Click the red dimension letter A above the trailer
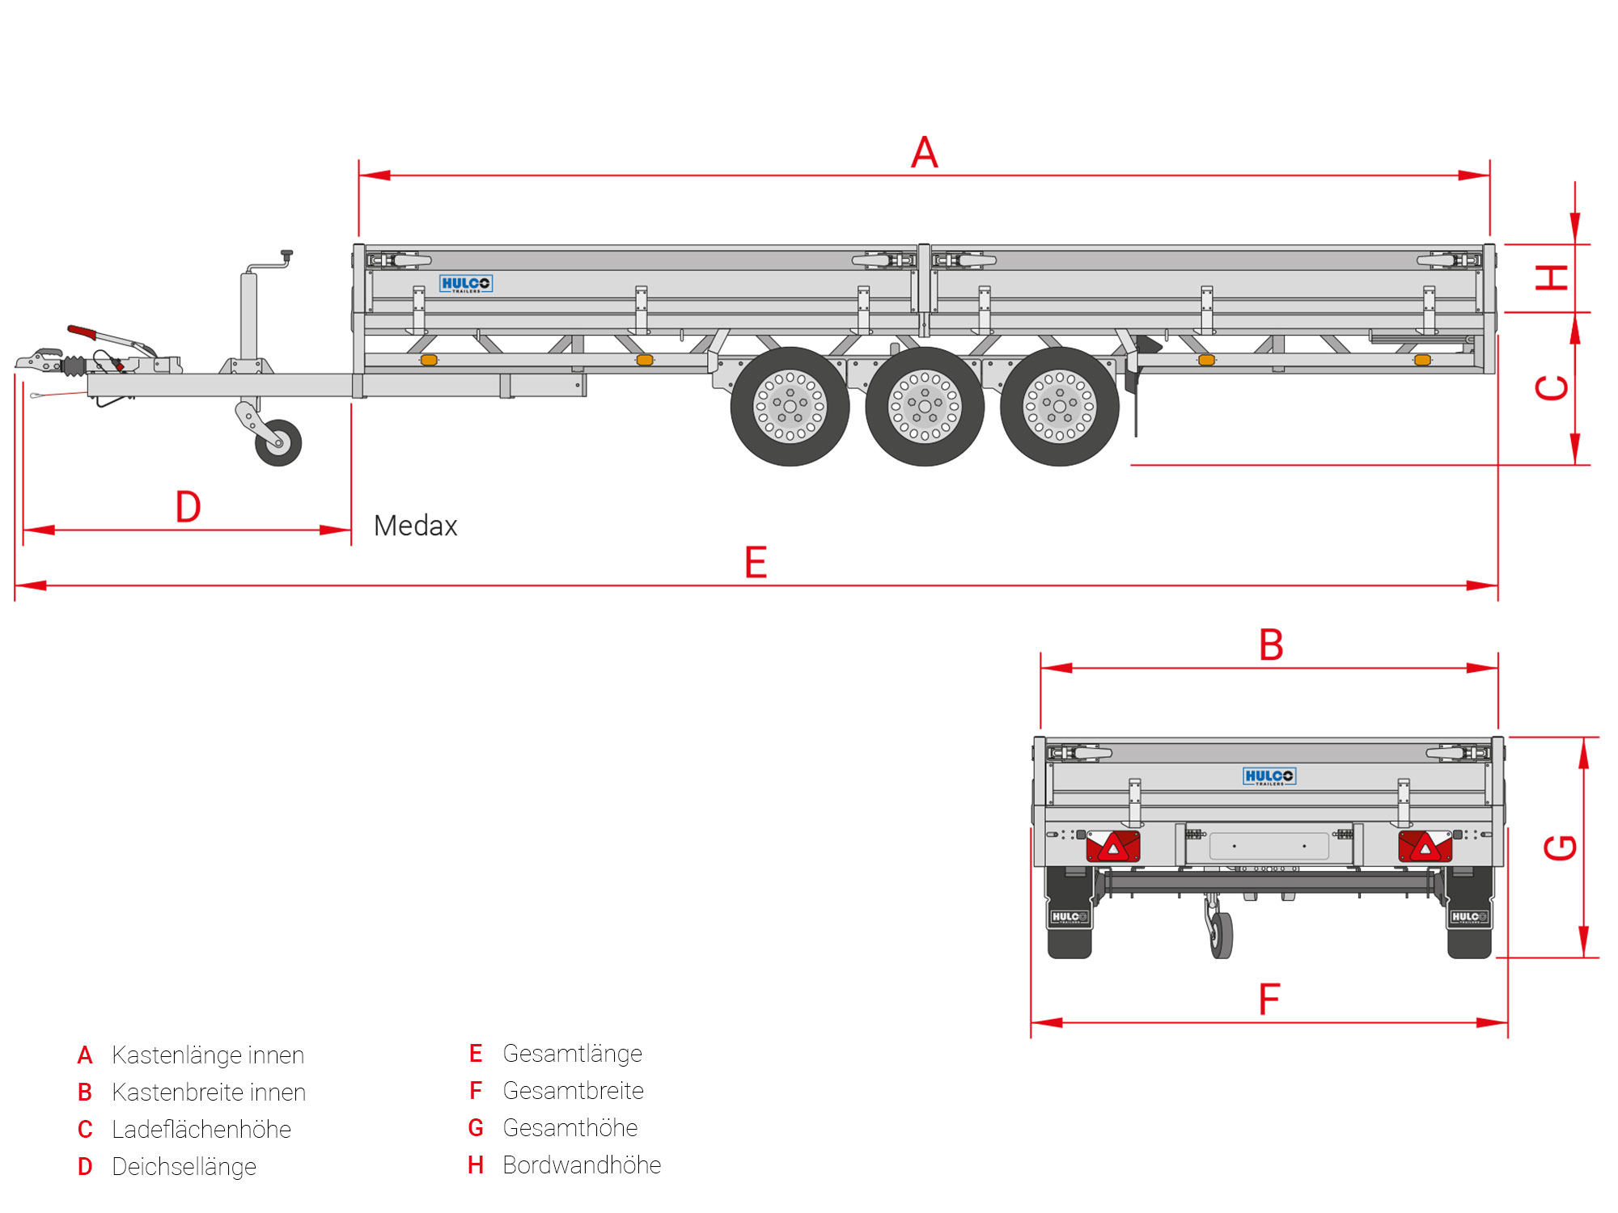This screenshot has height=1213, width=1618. click(924, 152)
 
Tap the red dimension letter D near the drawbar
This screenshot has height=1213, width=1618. click(188, 507)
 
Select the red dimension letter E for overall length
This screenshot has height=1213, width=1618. click(756, 562)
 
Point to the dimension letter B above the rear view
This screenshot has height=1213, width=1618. click(1271, 645)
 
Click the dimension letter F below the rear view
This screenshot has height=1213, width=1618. click(1269, 1000)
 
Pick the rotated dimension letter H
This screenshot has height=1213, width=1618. click(1552, 277)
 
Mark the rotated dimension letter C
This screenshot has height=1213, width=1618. click(1552, 388)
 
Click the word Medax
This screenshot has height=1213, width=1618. click(415, 526)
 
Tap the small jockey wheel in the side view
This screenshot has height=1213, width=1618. click(278, 442)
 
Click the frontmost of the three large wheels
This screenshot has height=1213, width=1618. click(790, 406)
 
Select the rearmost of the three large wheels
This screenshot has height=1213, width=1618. click(1060, 406)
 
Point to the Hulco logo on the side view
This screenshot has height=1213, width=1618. click(465, 284)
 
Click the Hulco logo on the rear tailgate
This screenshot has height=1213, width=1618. click(1269, 776)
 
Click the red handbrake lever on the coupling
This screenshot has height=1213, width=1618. click(83, 332)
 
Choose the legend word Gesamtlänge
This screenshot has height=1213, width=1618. click(572, 1054)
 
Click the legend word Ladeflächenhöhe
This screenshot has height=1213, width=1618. click(201, 1130)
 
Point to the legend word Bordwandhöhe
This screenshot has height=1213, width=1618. click(582, 1165)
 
